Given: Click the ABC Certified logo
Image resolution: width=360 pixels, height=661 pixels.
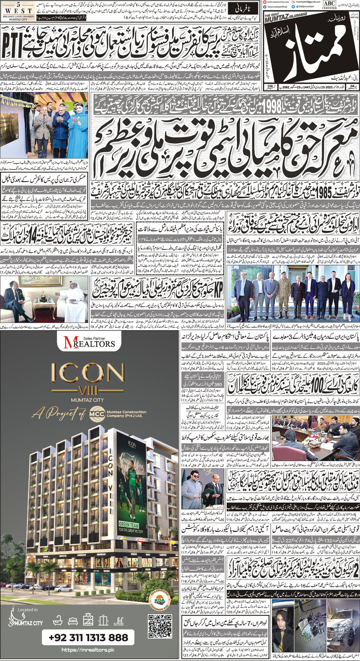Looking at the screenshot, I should click(329, 5).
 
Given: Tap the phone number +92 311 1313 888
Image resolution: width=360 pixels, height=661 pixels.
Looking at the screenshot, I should click(88, 637).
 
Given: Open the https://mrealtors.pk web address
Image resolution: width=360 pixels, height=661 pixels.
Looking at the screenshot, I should click(88, 650).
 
